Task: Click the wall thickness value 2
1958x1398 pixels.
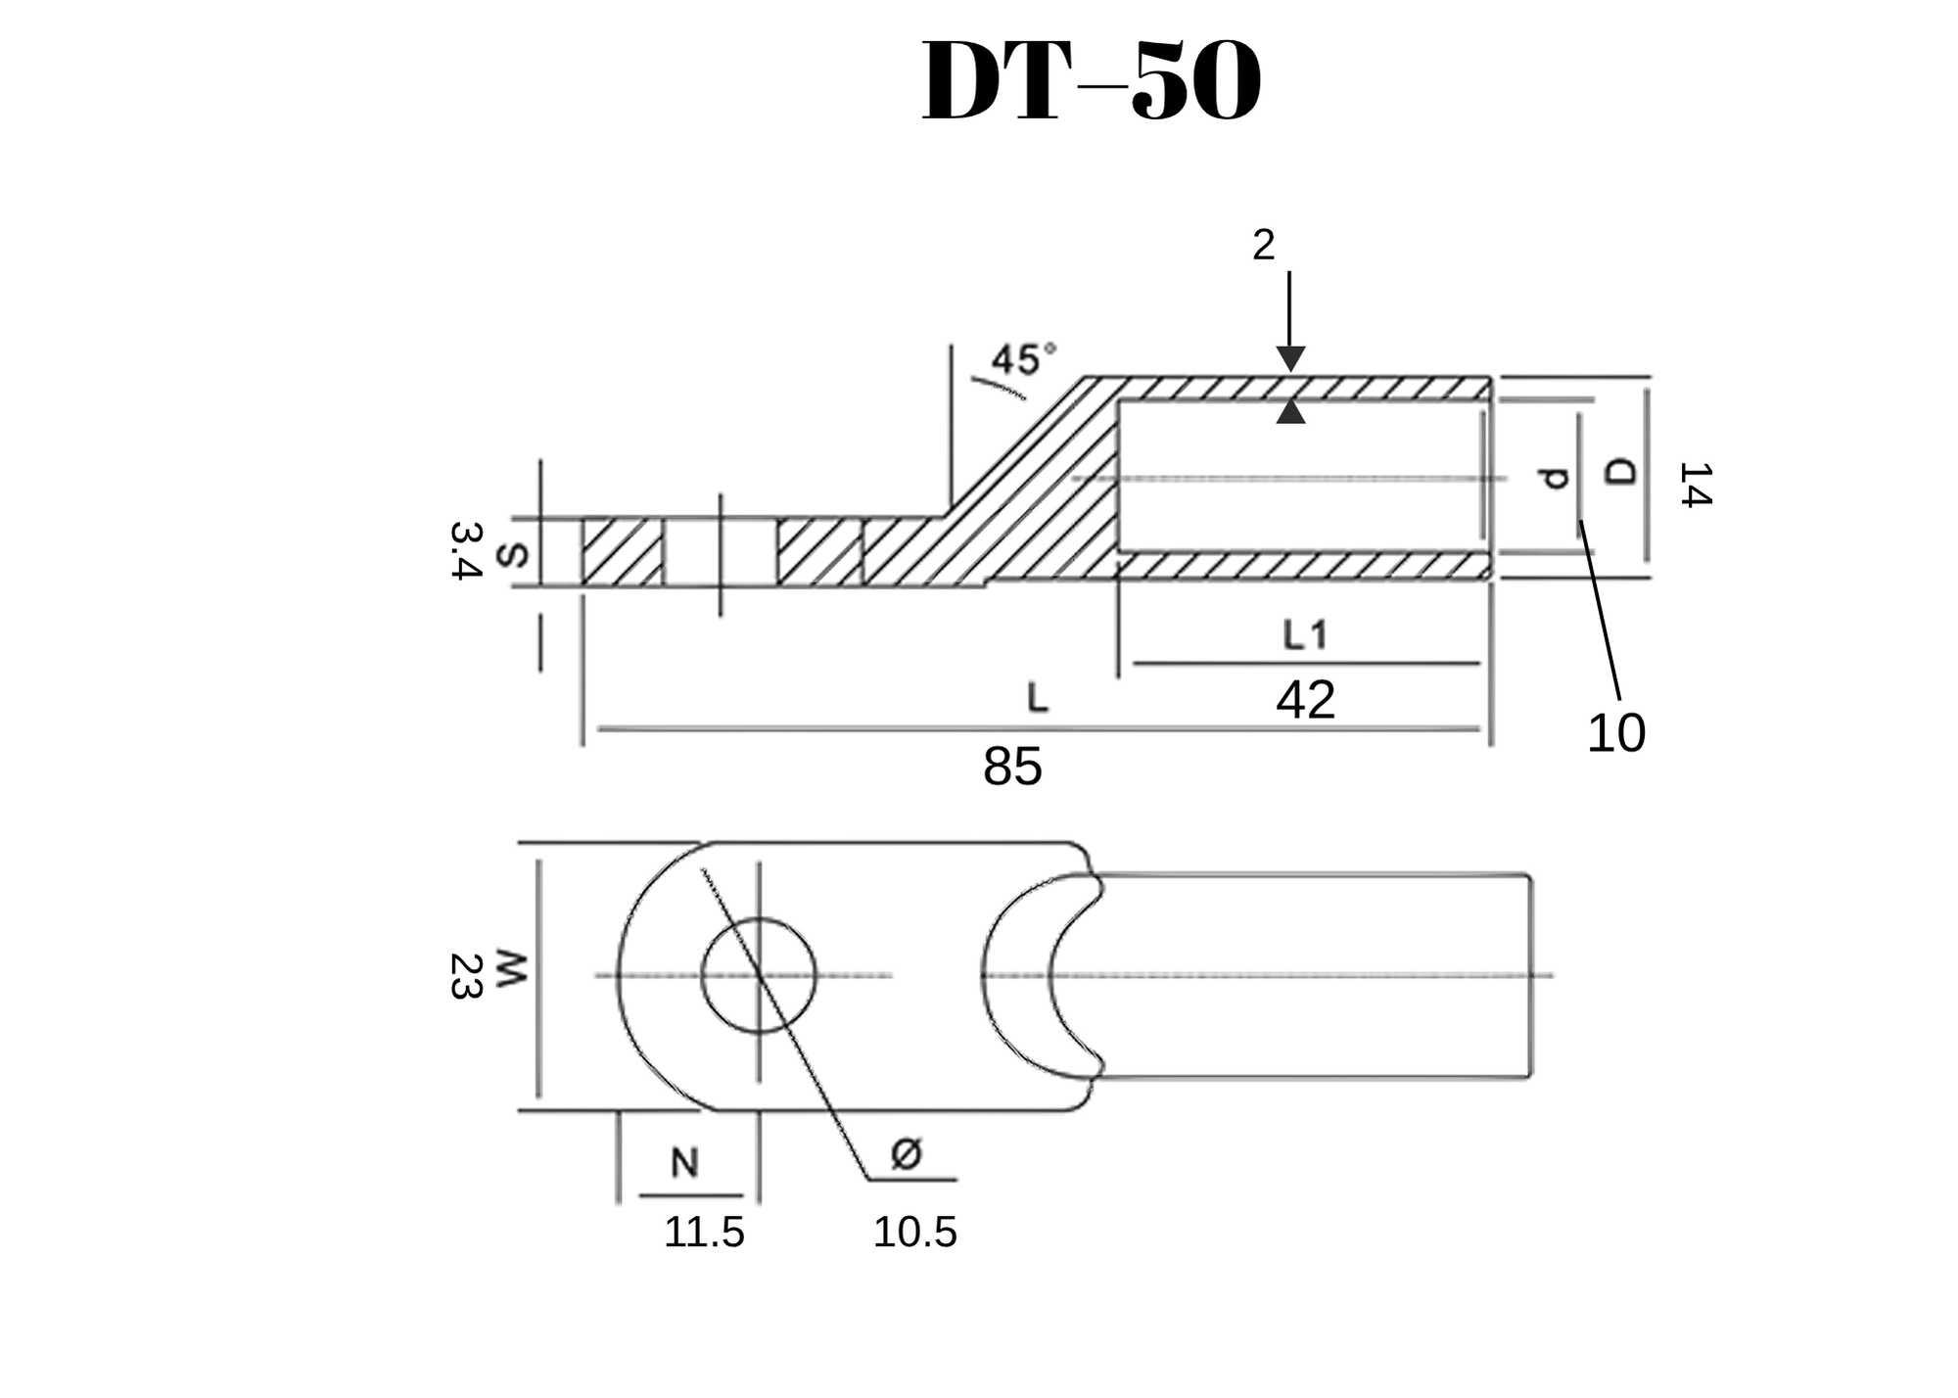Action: (x=1263, y=246)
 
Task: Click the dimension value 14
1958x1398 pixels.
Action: (x=1695, y=485)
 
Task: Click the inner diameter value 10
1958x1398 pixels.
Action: (x=1615, y=733)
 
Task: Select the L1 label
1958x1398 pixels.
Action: (x=1305, y=636)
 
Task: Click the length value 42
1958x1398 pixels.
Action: (x=1305, y=700)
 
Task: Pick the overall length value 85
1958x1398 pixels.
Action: (x=1012, y=767)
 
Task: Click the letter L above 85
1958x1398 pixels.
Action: (x=1038, y=698)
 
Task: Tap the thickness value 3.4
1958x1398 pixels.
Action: (x=466, y=550)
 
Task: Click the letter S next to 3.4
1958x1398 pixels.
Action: (x=513, y=555)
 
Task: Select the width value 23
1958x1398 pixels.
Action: (x=465, y=976)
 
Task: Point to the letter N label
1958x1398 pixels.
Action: (x=684, y=1163)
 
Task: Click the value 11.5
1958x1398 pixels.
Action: (x=704, y=1233)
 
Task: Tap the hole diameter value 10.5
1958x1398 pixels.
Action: (x=914, y=1233)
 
